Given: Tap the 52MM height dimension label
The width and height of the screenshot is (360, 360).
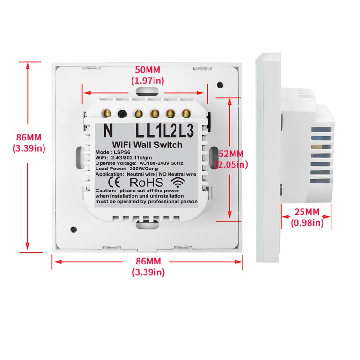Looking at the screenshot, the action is (231, 154).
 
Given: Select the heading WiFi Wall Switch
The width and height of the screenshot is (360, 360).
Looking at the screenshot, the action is (147, 145).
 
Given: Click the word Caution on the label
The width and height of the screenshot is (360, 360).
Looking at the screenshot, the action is (106, 191).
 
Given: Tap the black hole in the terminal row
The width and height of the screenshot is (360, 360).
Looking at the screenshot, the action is (123, 113).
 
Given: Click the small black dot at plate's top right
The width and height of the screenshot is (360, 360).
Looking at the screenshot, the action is (220, 85).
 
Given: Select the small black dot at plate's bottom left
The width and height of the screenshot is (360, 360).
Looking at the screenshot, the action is (73, 229).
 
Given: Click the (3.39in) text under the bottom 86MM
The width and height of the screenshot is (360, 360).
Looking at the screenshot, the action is (147, 272).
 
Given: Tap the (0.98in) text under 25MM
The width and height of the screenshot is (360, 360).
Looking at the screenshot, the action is (307, 223).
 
